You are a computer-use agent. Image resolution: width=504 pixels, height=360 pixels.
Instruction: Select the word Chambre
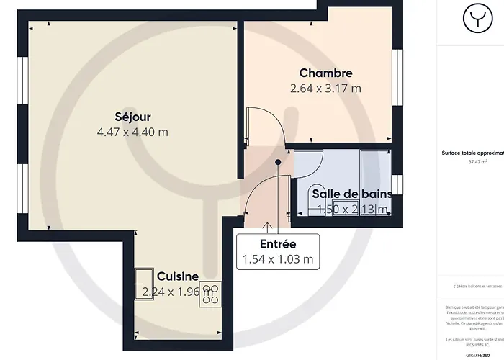(x=325, y=73)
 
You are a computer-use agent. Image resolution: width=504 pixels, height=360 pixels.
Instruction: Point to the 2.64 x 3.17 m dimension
(x=325, y=89)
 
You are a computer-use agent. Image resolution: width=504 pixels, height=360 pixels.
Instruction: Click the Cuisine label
(x=178, y=276)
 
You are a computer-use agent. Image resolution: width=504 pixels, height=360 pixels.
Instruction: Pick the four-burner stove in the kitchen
(x=210, y=291)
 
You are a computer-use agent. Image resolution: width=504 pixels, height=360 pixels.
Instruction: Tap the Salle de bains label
(x=351, y=194)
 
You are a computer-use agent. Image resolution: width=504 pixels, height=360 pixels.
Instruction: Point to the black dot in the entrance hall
(x=279, y=162)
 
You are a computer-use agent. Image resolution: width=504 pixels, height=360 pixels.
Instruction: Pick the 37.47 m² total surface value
(x=473, y=162)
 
